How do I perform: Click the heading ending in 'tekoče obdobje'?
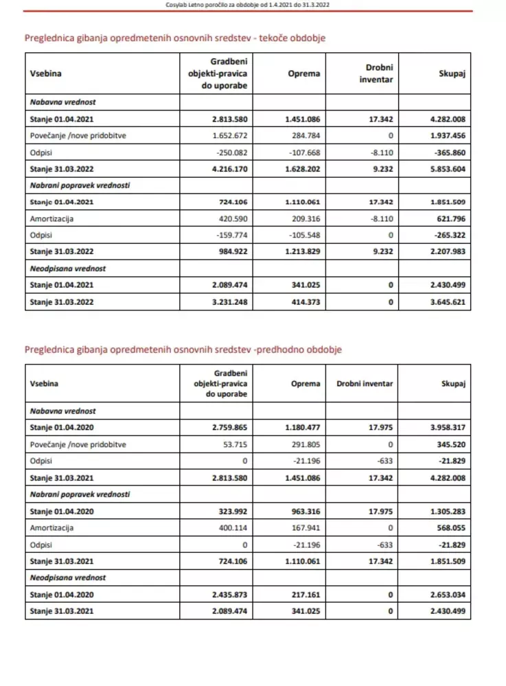[174, 38]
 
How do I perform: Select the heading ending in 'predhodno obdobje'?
[183, 350]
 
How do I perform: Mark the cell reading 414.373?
[306, 301]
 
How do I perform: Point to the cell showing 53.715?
[234, 444]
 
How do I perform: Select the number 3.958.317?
[448, 427]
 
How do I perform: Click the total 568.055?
[451, 528]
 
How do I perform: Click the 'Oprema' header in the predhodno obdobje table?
[304, 384]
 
